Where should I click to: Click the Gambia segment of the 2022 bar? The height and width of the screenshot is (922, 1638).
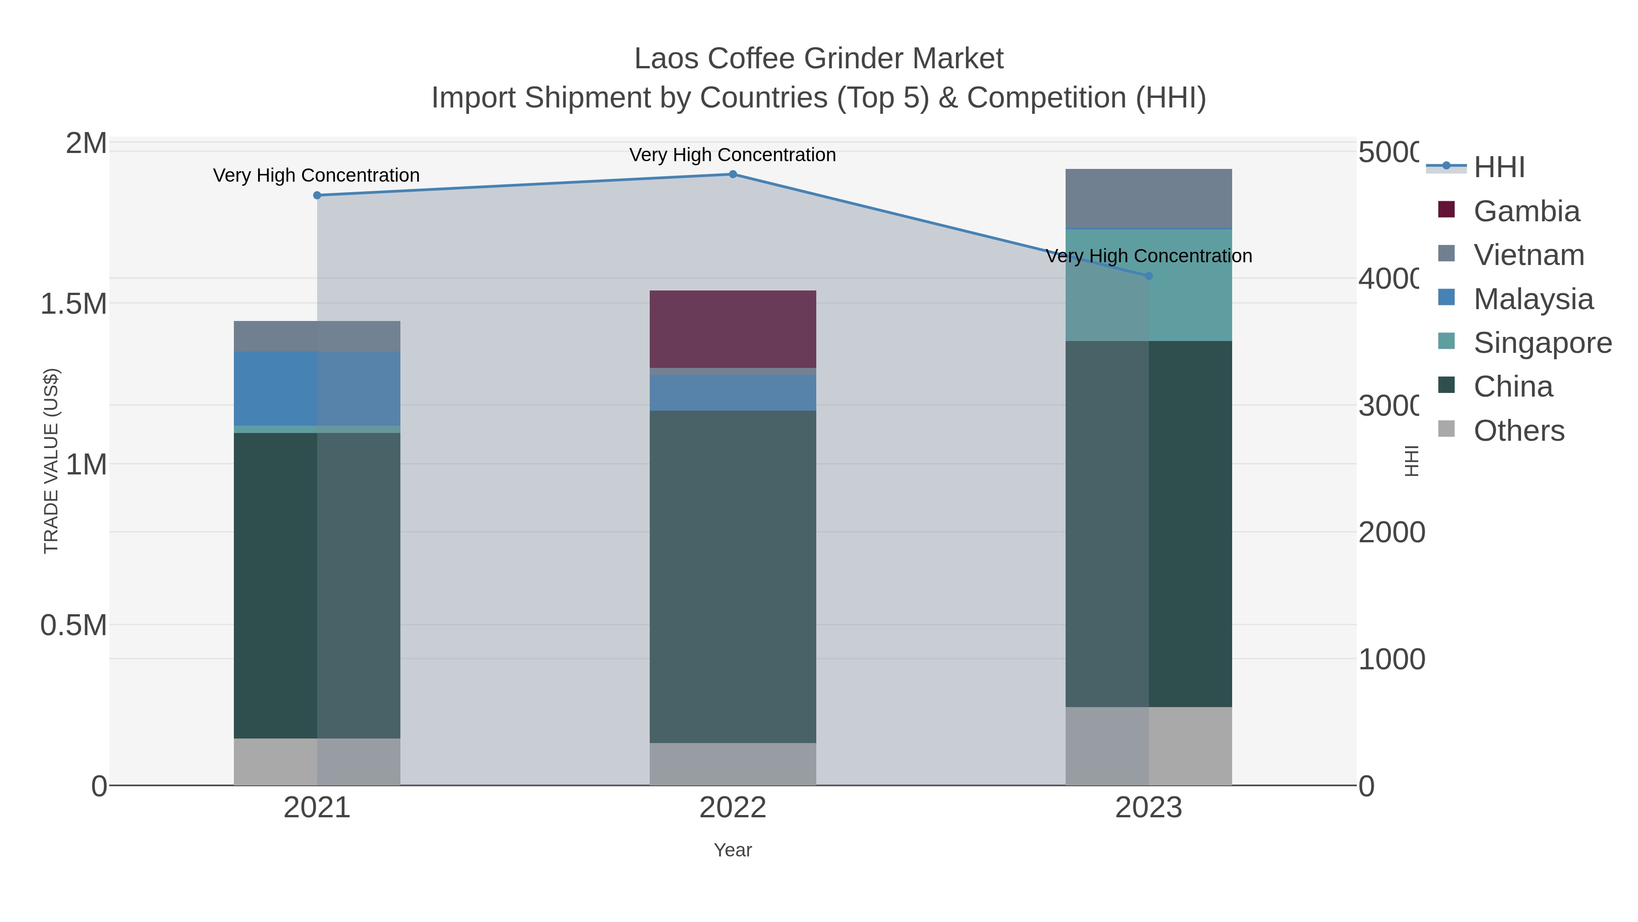click(733, 329)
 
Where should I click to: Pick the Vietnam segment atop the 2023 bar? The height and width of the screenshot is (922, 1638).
click(1148, 198)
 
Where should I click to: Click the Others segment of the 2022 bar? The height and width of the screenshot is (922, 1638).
click(733, 764)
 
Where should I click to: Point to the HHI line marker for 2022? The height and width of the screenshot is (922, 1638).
click(733, 174)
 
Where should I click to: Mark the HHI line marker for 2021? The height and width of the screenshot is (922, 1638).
click(317, 195)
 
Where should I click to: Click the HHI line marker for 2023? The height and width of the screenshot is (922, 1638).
click(1148, 276)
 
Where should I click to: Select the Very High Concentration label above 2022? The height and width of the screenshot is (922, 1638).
click(733, 155)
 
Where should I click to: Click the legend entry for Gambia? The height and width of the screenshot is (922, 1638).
click(1526, 211)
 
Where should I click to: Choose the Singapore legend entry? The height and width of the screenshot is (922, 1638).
click(1542, 343)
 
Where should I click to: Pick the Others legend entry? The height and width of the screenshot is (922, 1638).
click(1518, 431)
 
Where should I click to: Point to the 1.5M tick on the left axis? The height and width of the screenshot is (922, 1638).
click(74, 304)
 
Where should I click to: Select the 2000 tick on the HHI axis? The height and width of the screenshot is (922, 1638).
click(1391, 533)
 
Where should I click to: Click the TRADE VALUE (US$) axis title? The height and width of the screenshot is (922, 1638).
click(51, 461)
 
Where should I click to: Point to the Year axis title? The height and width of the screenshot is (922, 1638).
click(733, 850)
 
